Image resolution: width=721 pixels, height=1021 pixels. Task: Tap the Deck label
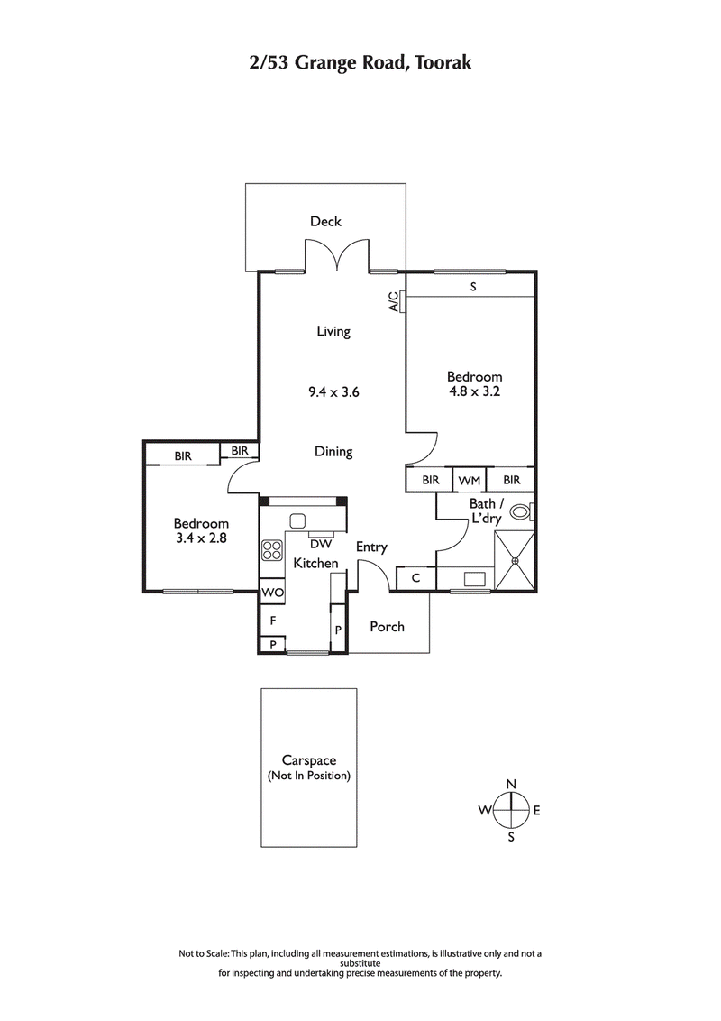tap(325, 221)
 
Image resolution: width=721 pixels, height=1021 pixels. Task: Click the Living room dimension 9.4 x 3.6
tap(333, 392)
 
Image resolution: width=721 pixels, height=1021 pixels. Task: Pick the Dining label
tap(333, 452)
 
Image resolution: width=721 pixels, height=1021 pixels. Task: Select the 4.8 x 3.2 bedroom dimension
tap(475, 391)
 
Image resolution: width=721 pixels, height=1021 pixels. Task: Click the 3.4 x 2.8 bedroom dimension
tap(201, 538)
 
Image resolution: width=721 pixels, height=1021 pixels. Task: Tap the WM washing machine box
tap(470, 481)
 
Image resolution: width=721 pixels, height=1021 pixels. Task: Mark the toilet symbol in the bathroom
tap(521, 511)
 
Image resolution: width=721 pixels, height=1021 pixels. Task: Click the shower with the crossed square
tap(515, 561)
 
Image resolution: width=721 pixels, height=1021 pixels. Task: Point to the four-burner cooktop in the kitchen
tap(271, 548)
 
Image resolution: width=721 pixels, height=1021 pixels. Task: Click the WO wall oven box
tap(271, 593)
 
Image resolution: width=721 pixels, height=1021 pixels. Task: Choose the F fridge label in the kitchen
tap(272, 621)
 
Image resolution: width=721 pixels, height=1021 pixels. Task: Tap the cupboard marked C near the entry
tap(415, 578)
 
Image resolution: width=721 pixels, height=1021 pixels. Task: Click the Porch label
tap(388, 627)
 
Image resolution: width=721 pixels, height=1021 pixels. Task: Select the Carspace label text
tap(308, 761)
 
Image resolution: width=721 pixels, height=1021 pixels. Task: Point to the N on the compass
tap(511, 783)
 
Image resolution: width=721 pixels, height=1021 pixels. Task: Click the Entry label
tap(371, 547)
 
